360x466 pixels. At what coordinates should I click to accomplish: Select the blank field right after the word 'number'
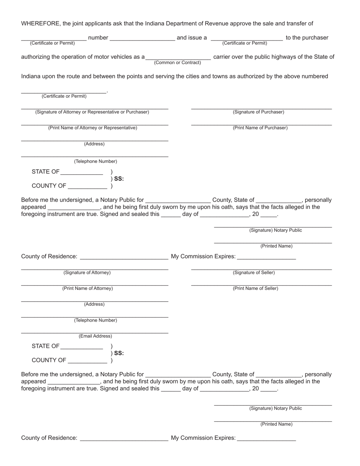(x=142, y=38)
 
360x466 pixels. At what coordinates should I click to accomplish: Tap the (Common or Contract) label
(x=177, y=63)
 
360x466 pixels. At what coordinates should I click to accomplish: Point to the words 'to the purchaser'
(x=307, y=38)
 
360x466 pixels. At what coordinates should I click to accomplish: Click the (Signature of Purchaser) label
(x=258, y=112)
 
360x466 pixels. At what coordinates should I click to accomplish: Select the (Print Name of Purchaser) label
(x=260, y=128)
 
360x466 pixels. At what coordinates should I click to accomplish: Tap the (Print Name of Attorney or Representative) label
(x=92, y=128)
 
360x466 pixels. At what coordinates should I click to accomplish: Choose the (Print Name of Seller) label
(x=255, y=288)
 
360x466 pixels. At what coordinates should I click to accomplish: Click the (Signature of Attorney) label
(x=87, y=272)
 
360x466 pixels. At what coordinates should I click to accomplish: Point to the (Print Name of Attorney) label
(x=88, y=288)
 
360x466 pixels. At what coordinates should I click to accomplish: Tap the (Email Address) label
(x=95, y=336)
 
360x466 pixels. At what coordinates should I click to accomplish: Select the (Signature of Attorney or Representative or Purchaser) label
(x=92, y=112)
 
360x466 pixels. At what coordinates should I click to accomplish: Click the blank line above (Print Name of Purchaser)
(x=261, y=124)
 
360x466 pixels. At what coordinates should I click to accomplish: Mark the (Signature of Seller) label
(x=254, y=272)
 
